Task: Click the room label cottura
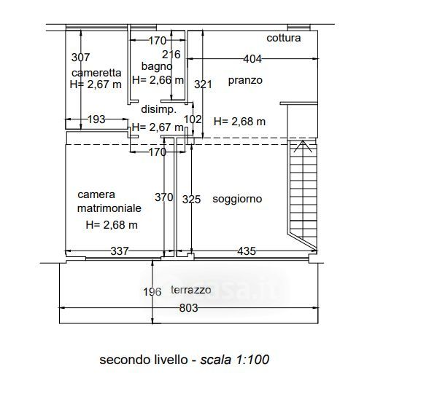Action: (283, 38)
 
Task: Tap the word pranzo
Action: (245, 80)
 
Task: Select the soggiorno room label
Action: (237, 199)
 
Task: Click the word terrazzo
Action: (191, 290)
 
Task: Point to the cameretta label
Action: (96, 73)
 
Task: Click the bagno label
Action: (157, 66)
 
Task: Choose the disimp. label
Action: (159, 109)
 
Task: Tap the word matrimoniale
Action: (109, 208)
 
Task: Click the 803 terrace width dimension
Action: (188, 308)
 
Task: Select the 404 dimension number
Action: (252, 59)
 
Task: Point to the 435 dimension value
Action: (247, 251)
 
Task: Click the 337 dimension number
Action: (120, 251)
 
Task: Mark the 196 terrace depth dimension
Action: (152, 292)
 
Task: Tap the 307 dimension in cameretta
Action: (80, 58)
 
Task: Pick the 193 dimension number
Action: (96, 119)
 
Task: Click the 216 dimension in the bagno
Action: (171, 55)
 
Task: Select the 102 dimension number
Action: (193, 119)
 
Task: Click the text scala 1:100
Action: (235, 359)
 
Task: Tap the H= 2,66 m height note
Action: (158, 80)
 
